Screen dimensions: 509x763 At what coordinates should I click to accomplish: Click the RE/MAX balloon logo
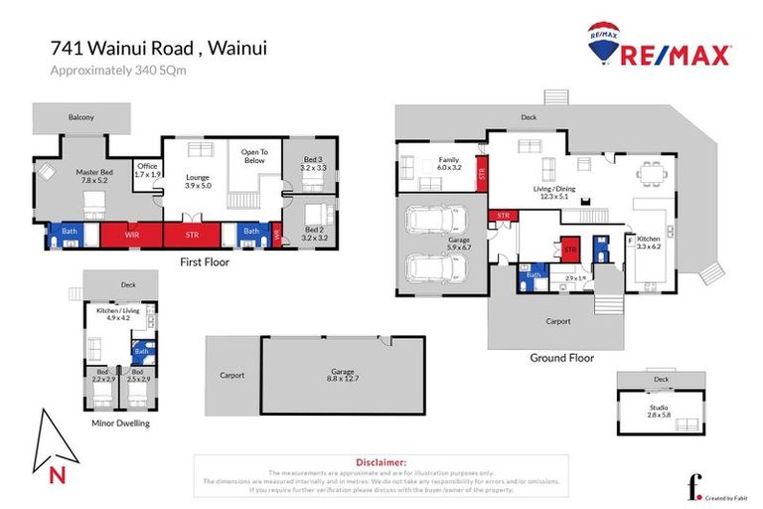(x=601, y=42)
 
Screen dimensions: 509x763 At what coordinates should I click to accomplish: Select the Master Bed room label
(x=93, y=177)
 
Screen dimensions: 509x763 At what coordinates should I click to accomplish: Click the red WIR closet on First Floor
(x=131, y=235)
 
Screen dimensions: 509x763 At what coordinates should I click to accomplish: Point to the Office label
(x=147, y=170)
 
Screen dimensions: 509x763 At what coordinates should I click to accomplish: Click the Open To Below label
(x=254, y=156)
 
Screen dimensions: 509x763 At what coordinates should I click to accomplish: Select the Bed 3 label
(x=313, y=163)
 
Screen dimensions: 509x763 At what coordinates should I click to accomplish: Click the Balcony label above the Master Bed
(x=81, y=117)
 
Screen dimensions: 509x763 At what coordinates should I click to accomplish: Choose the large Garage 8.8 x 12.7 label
(x=342, y=375)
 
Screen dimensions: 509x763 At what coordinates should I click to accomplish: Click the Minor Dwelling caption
(x=119, y=423)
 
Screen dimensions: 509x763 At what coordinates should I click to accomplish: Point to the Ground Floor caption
(x=561, y=358)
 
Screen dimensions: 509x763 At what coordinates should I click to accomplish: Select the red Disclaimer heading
(x=381, y=462)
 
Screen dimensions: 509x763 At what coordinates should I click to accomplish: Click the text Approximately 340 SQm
(x=119, y=71)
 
